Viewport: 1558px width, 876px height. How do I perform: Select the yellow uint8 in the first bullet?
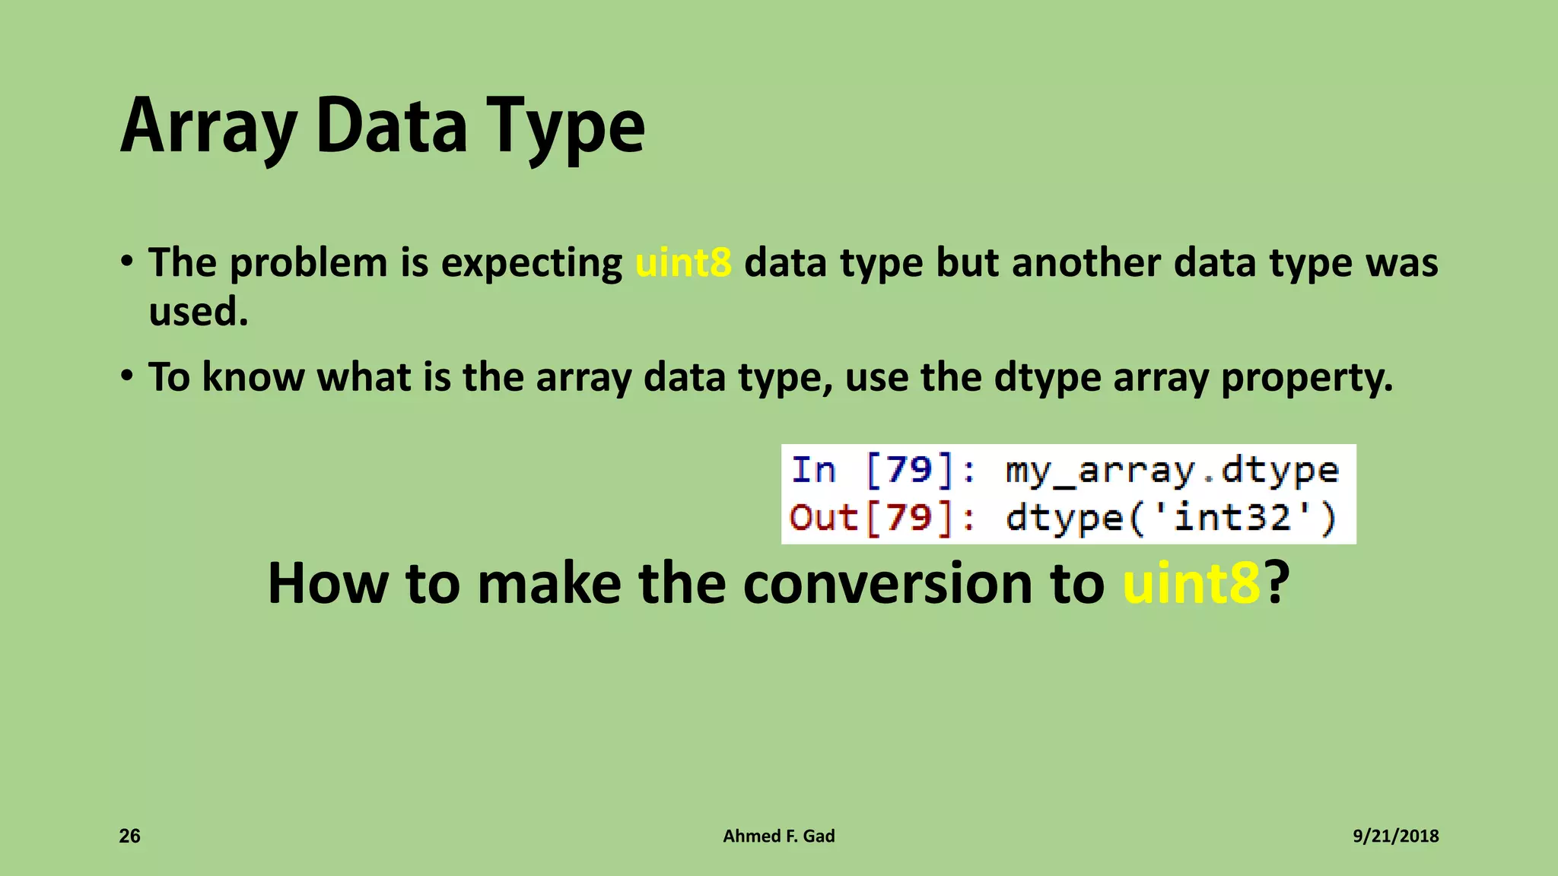683,263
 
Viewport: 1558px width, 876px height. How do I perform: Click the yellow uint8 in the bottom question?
1191,583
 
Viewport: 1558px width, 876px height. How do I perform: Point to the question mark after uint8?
1277,583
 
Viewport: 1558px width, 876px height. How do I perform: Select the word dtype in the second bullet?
1047,377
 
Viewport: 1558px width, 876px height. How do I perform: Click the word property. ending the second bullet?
1306,377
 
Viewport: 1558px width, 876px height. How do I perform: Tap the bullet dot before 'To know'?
128,375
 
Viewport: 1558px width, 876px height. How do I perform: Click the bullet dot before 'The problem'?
128,261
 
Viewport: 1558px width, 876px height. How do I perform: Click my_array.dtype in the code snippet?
1172,470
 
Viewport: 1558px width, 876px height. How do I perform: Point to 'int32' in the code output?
1232,519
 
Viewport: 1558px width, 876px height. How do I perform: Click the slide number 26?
130,836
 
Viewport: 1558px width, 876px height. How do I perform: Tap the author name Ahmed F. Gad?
778,836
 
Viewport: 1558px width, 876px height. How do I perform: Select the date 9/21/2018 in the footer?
1395,836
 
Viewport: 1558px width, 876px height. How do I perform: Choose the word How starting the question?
328,583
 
